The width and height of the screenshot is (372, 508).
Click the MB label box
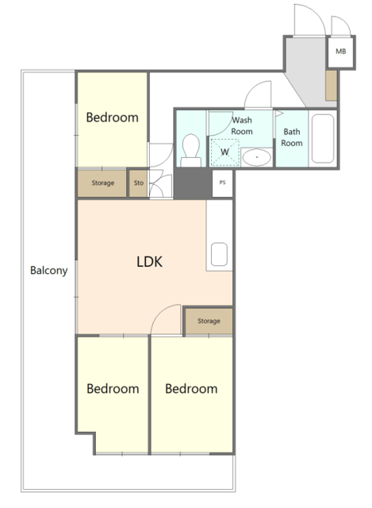pyautogui.click(x=340, y=52)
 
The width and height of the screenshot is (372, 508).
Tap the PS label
pyautogui.click(x=222, y=183)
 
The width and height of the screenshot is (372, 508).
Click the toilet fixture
pyautogui.click(x=190, y=150)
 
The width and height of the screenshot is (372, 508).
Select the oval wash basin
pyautogui.click(x=256, y=157)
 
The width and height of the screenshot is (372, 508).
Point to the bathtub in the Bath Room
pyautogui.click(x=323, y=138)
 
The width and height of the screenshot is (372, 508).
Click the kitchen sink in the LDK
pyautogui.click(x=219, y=254)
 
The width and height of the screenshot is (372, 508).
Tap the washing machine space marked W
pyautogui.click(x=224, y=152)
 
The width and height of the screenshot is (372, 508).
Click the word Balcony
pyautogui.click(x=49, y=271)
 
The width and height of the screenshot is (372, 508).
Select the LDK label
pyautogui.click(x=149, y=261)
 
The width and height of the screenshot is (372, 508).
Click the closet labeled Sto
pyautogui.click(x=139, y=183)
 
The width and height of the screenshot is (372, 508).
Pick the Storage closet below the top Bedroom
pyautogui.click(x=102, y=183)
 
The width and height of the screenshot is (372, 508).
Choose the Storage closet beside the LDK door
pyautogui.click(x=209, y=321)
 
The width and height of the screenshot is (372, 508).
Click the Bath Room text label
pyautogui.click(x=292, y=137)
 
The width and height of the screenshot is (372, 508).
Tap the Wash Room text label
pyautogui.click(x=242, y=125)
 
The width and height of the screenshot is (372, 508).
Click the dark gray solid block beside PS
pyautogui.click(x=193, y=183)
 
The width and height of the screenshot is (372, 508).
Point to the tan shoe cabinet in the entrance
pyautogui.click(x=332, y=86)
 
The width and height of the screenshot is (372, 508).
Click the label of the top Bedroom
pyautogui.click(x=113, y=117)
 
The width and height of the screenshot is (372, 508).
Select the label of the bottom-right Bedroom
pyautogui.click(x=191, y=389)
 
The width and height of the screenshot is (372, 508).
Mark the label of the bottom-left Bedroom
pyautogui.click(x=113, y=389)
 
